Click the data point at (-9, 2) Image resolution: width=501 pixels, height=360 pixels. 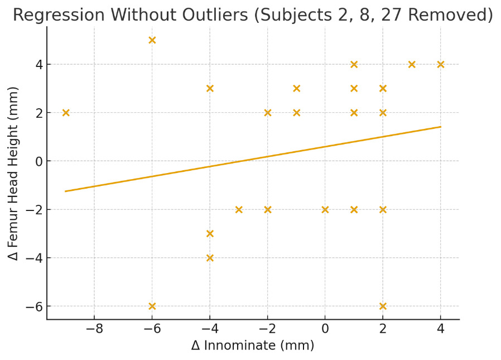66,113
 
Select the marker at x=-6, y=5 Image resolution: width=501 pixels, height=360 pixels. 152,40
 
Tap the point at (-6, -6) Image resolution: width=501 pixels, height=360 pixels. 152,306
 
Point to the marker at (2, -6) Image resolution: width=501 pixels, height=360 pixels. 383,306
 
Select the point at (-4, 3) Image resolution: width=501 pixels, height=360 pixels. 210,88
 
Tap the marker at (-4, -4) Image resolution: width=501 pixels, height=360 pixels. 210,258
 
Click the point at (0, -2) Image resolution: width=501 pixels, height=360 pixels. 325,209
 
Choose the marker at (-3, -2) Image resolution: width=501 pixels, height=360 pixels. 239,209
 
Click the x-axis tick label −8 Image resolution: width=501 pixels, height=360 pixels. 94,329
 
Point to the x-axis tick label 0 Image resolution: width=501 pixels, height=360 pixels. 325,329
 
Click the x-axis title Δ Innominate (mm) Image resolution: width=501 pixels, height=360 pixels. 253,345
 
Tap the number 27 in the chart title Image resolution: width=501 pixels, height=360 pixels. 393,15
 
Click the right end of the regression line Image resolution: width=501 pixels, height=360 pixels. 440,127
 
